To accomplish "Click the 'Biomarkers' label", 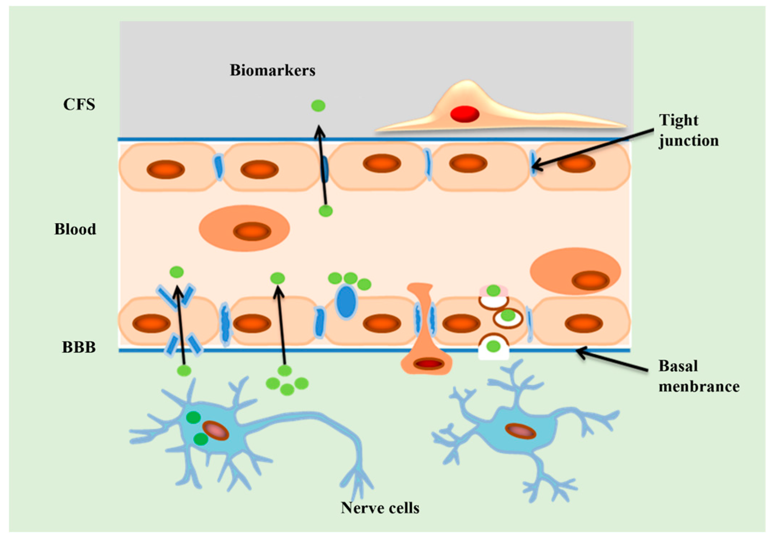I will click(272, 70).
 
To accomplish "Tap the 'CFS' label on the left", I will click(79, 105).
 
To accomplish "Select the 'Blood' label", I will click(75, 229).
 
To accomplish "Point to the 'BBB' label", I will click(79, 347).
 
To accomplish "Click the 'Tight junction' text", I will click(688, 130).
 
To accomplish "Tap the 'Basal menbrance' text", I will click(698, 376).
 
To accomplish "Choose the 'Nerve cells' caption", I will click(380, 508).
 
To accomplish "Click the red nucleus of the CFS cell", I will click(464, 114).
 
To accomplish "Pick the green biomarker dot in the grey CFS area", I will click(318, 106).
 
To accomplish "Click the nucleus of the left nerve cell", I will click(216, 431).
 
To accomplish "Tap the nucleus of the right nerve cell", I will click(520, 431).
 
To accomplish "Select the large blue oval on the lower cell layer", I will click(346, 302).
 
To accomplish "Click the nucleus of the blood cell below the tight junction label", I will click(591, 281).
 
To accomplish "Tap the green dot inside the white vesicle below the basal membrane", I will click(493, 347).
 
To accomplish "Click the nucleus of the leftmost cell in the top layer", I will click(166, 169).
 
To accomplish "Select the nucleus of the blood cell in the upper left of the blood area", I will click(252, 231).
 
